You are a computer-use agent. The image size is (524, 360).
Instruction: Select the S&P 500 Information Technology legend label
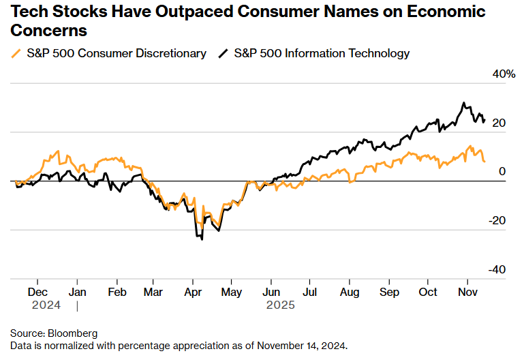pos(322,53)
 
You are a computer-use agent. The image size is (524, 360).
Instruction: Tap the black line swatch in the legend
pos(223,53)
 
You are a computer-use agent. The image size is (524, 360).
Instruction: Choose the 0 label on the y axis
pos(502,172)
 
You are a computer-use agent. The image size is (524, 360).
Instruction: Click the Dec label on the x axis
pos(37,291)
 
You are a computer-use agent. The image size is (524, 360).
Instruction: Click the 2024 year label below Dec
pos(46,305)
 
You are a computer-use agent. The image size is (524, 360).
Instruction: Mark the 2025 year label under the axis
pos(281,305)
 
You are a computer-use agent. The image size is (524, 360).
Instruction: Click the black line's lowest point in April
pos(202,239)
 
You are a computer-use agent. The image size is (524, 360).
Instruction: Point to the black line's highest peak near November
pos(463,104)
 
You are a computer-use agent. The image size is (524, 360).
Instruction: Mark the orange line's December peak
pos(58,151)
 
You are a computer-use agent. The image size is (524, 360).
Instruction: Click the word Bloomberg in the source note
pos(73,333)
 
